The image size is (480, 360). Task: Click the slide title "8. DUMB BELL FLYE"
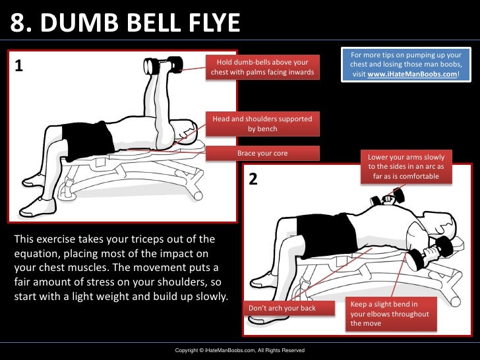point(125,25)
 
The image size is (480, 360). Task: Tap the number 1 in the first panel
point(19,67)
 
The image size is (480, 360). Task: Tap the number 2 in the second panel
point(253,179)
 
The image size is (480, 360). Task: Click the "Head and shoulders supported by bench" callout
point(262,124)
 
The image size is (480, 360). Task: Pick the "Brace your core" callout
point(262,154)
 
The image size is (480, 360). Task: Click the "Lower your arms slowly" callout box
point(406,168)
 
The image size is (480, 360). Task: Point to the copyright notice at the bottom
point(239,349)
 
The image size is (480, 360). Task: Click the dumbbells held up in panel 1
point(162,65)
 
